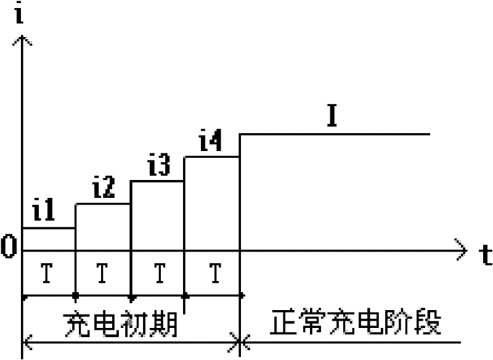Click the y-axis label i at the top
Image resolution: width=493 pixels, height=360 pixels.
click(x=23, y=14)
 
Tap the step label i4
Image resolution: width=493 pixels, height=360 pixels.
click(x=211, y=144)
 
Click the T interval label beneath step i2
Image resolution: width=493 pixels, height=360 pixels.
click(x=102, y=271)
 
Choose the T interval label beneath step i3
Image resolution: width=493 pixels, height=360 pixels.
click(x=158, y=271)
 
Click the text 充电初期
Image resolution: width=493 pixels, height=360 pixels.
click(x=121, y=323)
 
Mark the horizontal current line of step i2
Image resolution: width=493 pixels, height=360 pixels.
click(x=102, y=204)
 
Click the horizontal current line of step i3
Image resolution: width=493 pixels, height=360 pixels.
click(x=157, y=181)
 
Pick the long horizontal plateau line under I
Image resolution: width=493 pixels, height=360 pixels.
click(x=333, y=134)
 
